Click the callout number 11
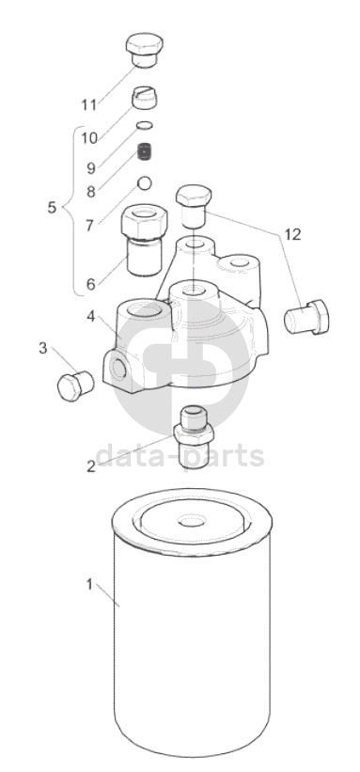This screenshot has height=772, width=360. pyautogui.click(x=89, y=104)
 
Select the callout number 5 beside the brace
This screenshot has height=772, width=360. pyautogui.click(x=53, y=207)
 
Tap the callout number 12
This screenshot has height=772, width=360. pyautogui.click(x=292, y=234)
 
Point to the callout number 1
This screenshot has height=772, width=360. pyautogui.click(x=89, y=585)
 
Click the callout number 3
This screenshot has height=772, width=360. pyautogui.click(x=43, y=349)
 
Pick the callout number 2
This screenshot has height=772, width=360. pyautogui.click(x=91, y=466)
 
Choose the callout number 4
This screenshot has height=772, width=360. pyautogui.click(x=91, y=316)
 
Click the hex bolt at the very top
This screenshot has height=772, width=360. pyautogui.click(x=145, y=50)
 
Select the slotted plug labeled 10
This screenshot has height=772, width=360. pyautogui.click(x=145, y=96)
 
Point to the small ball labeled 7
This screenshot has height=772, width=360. pyautogui.click(x=145, y=183)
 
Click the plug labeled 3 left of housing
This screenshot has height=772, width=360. pyautogui.click(x=75, y=386)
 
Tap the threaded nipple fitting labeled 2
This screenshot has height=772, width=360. pyautogui.click(x=194, y=436)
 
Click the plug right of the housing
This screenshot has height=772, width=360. pyautogui.click(x=306, y=317)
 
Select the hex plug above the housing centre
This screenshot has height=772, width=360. pyautogui.click(x=194, y=206)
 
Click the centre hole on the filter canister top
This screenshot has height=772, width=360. pyautogui.click(x=192, y=521)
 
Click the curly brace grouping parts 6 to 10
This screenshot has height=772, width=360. pyautogui.click(x=71, y=212)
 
